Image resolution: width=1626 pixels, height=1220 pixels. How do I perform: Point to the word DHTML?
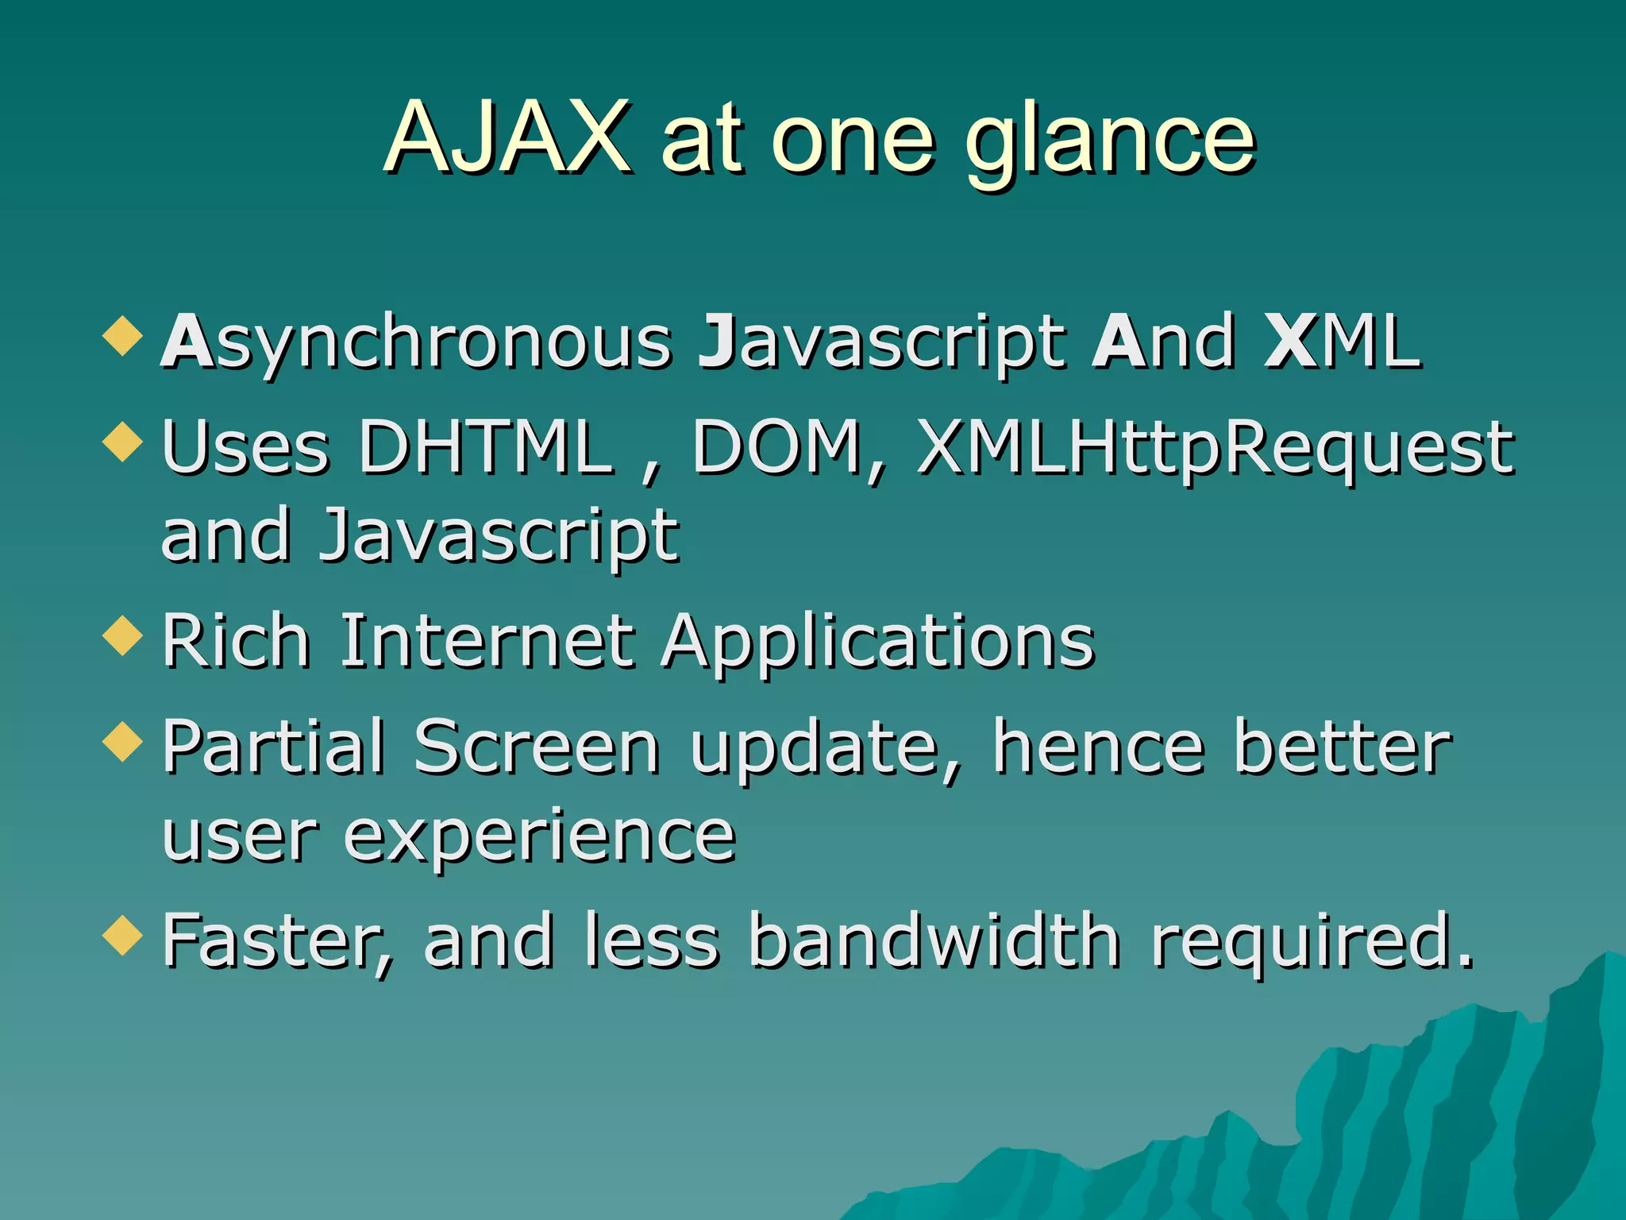pos(486,447)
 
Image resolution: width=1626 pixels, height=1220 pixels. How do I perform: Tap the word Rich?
pos(236,641)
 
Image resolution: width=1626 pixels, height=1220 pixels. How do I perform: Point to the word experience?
pos(540,838)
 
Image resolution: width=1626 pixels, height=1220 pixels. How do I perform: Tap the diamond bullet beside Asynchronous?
pos(123,335)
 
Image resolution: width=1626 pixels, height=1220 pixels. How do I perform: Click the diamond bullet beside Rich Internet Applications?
pos(123,635)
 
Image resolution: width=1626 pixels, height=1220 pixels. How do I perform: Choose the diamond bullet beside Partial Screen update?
pos(123,741)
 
